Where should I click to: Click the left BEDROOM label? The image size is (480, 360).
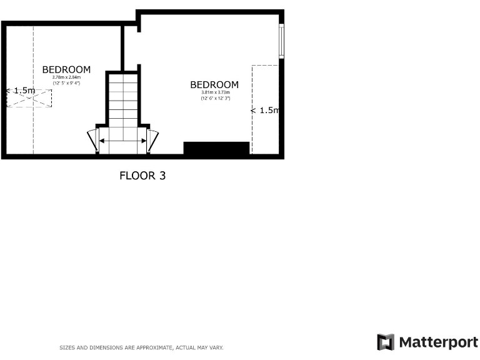pyautogui.click(x=66, y=69)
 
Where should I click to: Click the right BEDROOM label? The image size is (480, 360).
pyautogui.click(x=214, y=85)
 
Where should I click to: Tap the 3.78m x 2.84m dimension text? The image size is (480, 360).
pyautogui.click(x=66, y=77)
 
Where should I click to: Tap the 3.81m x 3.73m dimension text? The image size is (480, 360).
pyautogui.click(x=214, y=93)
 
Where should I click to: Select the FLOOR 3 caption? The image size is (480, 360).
pyautogui.click(x=142, y=176)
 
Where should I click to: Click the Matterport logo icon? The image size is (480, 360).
pyautogui.click(x=386, y=342)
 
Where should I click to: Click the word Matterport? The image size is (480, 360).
pyautogui.click(x=438, y=342)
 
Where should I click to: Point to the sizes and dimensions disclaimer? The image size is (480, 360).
pyautogui.click(x=141, y=347)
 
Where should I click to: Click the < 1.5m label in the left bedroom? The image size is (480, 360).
pyautogui.click(x=20, y=91)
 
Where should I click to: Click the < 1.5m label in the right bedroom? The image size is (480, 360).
pyautogui.click(x=266, y=111)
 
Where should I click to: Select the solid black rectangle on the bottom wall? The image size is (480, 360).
pyautogui.click(x=216, y=148)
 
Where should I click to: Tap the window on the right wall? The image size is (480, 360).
pyautogui.click(x=281, y=41)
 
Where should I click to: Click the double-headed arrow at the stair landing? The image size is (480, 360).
pyautogui.click(x=123, y=141)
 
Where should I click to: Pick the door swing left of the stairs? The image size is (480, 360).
pyautogui.click(x=92, y=139)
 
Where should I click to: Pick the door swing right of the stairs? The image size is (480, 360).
pyautogui.click(x=153, y=139)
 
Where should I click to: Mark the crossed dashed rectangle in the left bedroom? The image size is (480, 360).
pyautogui.click(x=29, y=98)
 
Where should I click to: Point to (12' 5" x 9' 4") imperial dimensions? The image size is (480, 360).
pyautogui.click(x=66, y=83)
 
